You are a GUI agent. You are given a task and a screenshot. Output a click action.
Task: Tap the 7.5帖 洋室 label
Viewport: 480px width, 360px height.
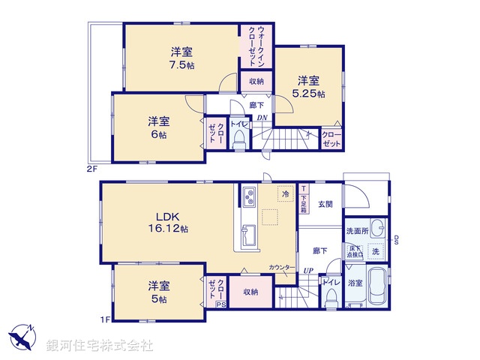click(x=181, y=57)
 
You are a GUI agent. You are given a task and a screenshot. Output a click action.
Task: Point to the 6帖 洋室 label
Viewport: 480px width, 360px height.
click(x=157, y=127)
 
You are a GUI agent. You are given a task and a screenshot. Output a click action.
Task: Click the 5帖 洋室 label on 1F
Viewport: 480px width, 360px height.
click(x=157, y=292)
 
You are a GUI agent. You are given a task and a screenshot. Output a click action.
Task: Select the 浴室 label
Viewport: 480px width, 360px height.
click(x=355, y=283)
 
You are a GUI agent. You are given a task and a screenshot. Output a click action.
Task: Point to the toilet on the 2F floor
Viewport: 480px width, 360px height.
click(x=239, y=139)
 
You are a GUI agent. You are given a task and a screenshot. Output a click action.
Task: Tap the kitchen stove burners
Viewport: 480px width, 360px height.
click(x=248, y=198)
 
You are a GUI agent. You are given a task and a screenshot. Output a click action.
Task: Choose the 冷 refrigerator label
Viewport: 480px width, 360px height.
click(x=285, y=193)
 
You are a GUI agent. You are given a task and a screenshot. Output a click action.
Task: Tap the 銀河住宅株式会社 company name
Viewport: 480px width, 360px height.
click(x=100, y=346)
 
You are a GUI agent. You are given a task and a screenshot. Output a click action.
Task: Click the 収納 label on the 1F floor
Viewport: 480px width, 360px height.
click(x=250, y=292)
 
